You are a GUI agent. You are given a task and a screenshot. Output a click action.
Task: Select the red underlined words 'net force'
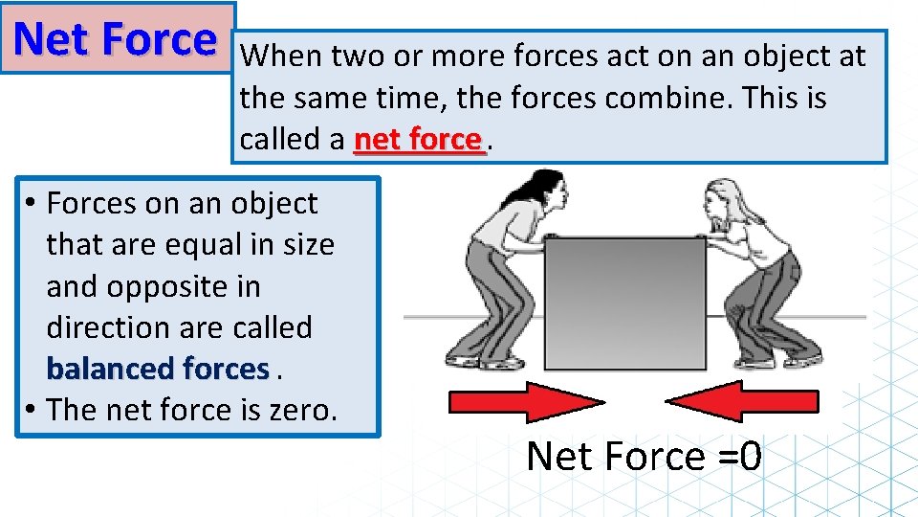click(417, 140)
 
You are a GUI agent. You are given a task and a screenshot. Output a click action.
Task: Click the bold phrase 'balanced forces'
click(158, 369)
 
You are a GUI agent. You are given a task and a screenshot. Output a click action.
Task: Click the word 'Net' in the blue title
click(54, 39)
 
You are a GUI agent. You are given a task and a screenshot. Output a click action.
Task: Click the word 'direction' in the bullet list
click(107, 327)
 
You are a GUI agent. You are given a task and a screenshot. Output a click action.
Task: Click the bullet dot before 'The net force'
click(32, 410)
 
